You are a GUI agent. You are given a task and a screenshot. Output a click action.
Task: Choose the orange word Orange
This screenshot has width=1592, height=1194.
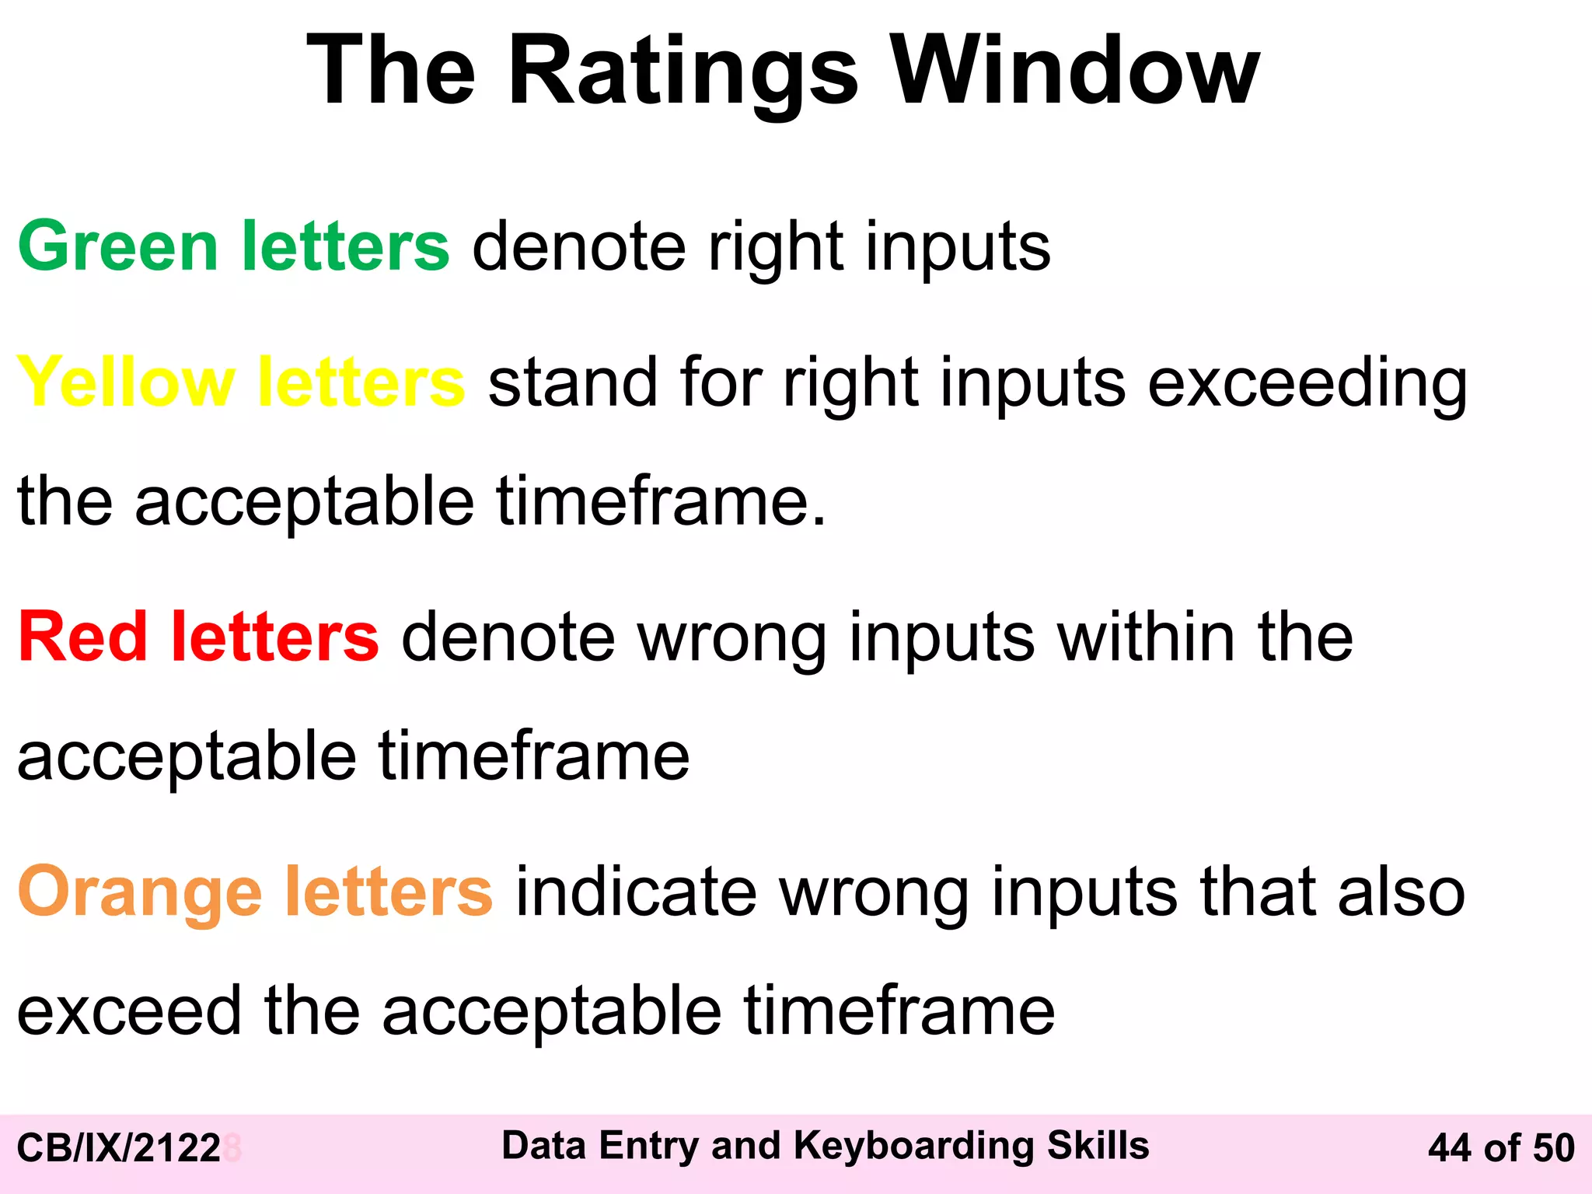click(140, 892)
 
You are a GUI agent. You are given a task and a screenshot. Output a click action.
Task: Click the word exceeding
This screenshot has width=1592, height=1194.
click(1307, 382)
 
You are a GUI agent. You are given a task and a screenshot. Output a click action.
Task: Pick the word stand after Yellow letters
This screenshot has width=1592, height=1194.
click(573, 382)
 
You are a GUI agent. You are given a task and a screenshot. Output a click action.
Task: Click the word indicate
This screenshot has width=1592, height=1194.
click(636, 892)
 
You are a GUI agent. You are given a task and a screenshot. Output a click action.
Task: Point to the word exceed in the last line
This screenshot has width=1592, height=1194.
click(129, 1011)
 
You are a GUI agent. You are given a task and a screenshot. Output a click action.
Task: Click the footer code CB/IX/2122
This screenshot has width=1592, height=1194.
click(119, 1148)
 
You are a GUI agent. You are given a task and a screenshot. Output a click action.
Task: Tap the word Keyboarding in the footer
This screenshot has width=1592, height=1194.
click(913, 1146)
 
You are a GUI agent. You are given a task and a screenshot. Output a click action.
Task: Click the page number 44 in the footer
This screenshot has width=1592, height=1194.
click(1451, 1148)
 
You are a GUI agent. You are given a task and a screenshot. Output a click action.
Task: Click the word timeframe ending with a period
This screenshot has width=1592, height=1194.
click(661, 501)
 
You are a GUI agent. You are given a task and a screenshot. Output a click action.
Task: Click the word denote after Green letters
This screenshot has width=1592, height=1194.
click(579, 246)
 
